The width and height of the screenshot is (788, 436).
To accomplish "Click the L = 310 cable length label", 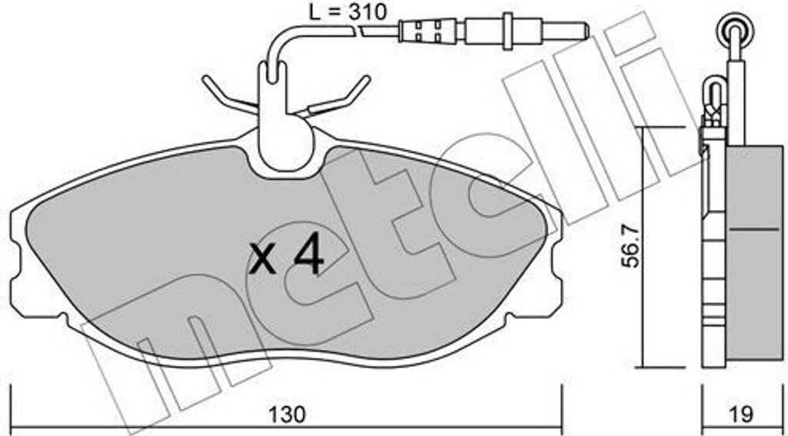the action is pyautogui.click(x=347, y=12).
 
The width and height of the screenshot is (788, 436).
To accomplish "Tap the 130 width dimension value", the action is pyautogui.click(x=286, y=414).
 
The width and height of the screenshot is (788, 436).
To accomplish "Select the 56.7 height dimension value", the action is pyautogui.click(x=632, y=246).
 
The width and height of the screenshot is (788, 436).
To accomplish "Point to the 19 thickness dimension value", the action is pyautogui.click(x=742, y=414).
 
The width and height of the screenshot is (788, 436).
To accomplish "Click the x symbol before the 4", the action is pyautogui.click(x=263, y=259).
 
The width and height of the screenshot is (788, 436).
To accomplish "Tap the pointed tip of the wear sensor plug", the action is pyautogui.click(x=587, y=30).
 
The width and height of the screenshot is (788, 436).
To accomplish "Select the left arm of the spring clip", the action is pyautogui.click(x=229, y=95).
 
